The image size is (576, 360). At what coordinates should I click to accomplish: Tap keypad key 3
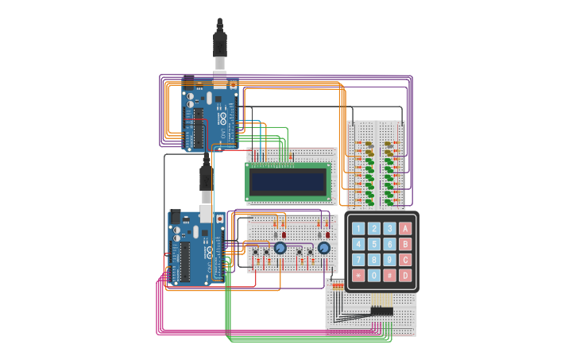[x=389, y=229]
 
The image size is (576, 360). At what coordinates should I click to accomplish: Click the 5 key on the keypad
[x=373, y=244]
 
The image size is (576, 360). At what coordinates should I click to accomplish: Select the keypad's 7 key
[x=358, y=260]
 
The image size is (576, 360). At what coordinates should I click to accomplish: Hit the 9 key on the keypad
[x=389, y=260]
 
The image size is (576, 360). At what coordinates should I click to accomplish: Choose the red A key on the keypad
[x=405, y=229]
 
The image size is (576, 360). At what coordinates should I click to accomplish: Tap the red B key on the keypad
[x=405, y=244]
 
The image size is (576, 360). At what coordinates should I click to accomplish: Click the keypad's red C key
[x=405, y=260]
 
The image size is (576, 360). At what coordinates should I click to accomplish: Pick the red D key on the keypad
[x=405, y=276]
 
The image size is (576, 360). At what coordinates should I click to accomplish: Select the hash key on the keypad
[x=389, y=276]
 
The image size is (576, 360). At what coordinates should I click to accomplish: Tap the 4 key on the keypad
[x=358, y=244]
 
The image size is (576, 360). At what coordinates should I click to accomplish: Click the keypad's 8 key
[x=373, y=260]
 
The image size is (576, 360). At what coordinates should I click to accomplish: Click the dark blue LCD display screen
[x=288, y=182]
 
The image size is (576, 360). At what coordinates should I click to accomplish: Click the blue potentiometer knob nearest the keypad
[x=323, y=249]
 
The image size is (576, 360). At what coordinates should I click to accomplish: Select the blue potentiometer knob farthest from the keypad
[x=280, y=249]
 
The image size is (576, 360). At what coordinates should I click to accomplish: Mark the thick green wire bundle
[x=228, y=310]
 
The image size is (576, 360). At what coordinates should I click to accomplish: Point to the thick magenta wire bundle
[x=238, y=331]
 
